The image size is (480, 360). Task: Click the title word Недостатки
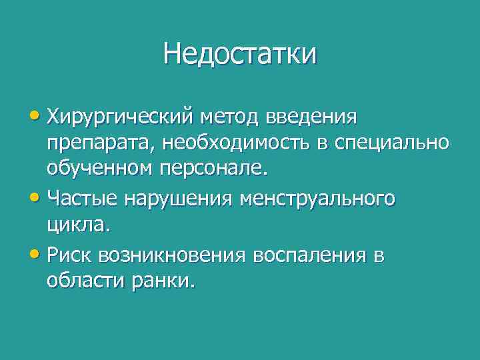[x=240, y=54]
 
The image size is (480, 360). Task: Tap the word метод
[x=235, y=117]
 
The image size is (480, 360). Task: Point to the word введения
[x=312, y=117]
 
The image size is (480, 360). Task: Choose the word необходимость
[x=221, y=143]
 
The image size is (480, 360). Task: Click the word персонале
[x=213, y=169]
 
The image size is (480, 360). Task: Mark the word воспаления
[x=313, y=255]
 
